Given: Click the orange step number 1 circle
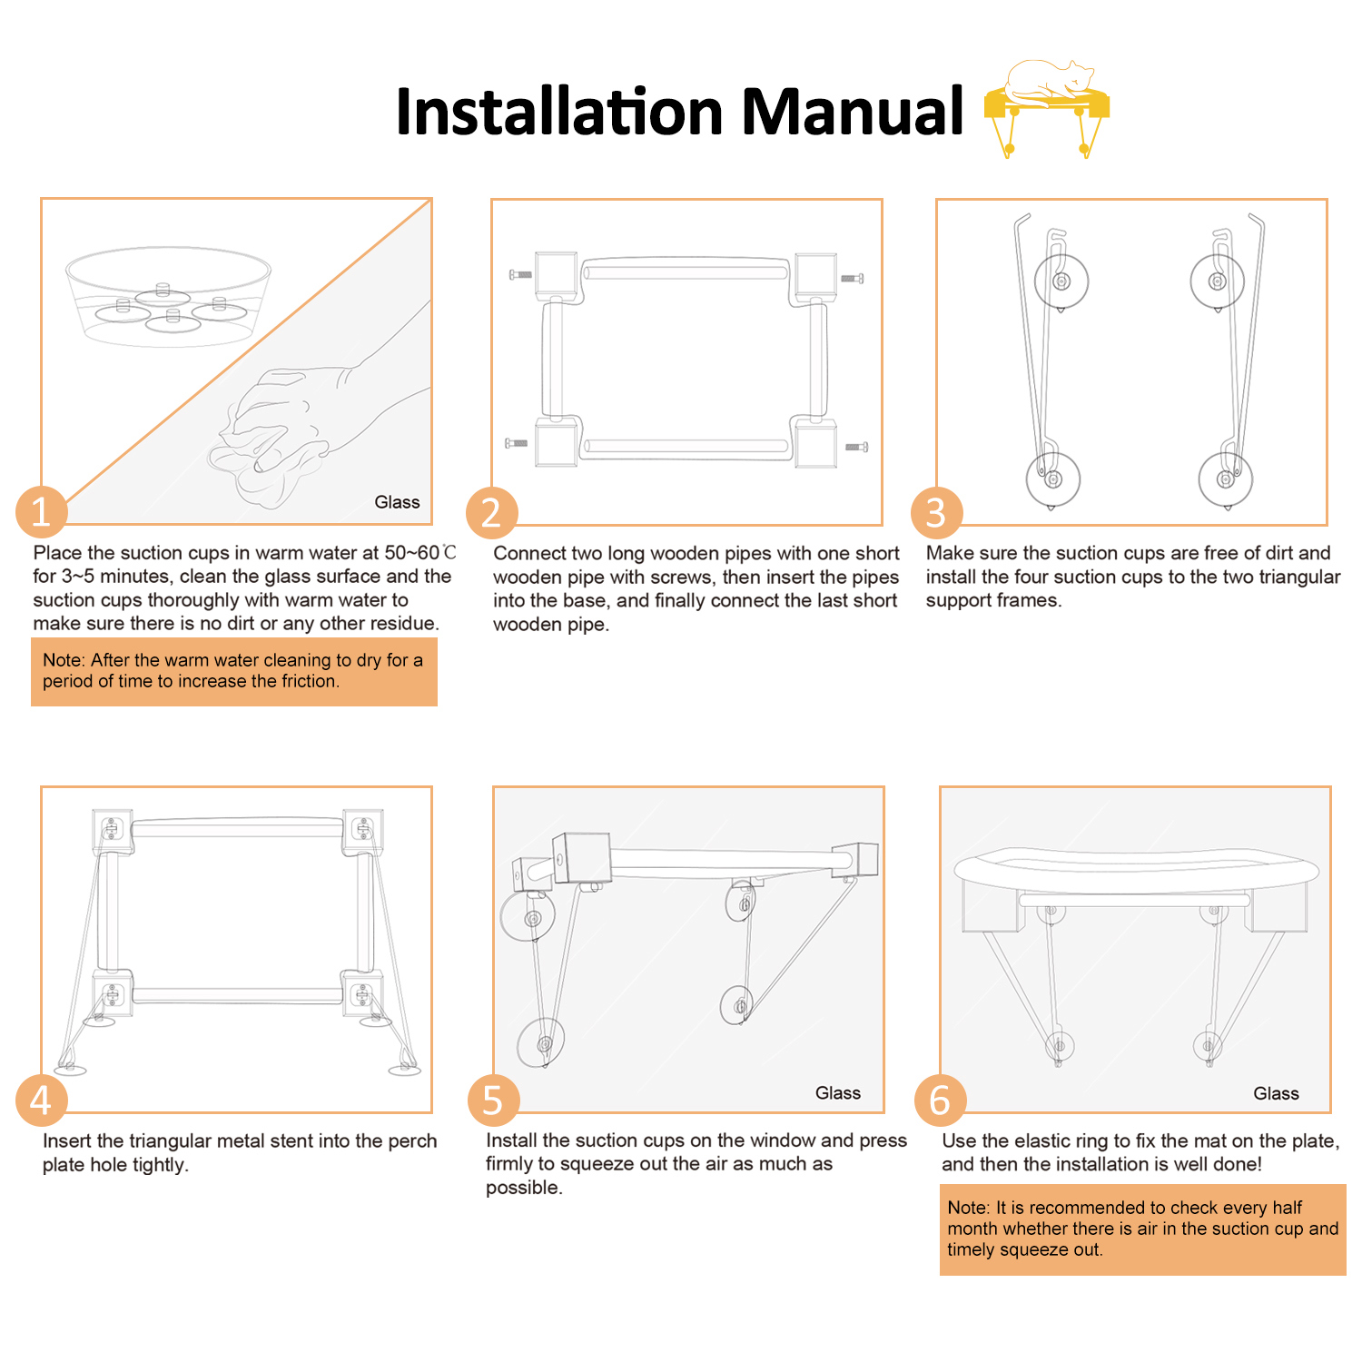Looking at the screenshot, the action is tap(42, 512).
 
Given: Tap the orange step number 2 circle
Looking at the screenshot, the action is tap(491, 513).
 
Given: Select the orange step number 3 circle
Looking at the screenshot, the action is tap(936, 513).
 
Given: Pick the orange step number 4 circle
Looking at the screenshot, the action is tap(42, 1100).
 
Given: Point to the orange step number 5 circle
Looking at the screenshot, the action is tap(493, 1100).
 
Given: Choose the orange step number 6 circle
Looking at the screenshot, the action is tap(940, 1100).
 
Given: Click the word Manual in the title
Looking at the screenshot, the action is tap(852, 112).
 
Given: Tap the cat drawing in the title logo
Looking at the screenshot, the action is tap(1049, 80).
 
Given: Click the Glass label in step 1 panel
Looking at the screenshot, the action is tap(397, 502).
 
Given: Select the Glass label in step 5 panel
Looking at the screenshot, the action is tap(837, 1093).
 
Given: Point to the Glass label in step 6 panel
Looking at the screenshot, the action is tap(1276, 1093).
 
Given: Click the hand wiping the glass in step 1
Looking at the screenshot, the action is tap(300, 418).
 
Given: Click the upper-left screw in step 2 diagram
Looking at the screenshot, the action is tap(520, 274).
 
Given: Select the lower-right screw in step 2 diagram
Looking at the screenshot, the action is tap(857, 447).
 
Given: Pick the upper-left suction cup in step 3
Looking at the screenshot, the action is tap(1061, 281).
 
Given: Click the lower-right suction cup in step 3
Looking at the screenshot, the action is tap(1226, 479).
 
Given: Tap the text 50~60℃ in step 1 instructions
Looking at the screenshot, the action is tap(420, 553).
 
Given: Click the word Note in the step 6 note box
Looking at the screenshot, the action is tap(967, 1208).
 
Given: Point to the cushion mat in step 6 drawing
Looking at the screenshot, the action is tap(1136, 871).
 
